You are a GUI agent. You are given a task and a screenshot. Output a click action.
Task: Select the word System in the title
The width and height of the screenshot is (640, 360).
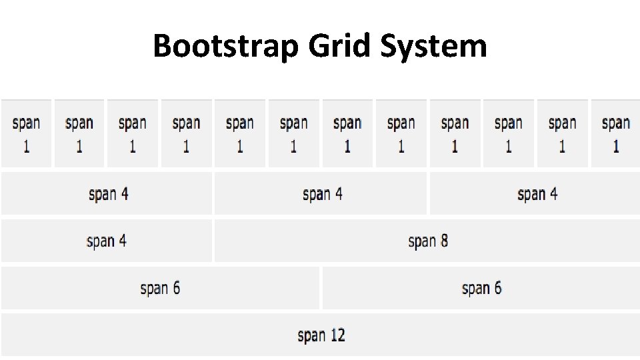coord(434,47)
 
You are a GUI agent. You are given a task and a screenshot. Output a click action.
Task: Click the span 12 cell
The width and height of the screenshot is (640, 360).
coord(321,335)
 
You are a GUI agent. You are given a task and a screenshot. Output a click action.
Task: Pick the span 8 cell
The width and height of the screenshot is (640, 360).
coord(427,241)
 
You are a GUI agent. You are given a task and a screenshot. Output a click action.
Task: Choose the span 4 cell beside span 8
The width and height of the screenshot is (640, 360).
coord(107,241)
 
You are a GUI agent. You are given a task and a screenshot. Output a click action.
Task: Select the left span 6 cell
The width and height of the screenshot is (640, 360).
coord(160,288)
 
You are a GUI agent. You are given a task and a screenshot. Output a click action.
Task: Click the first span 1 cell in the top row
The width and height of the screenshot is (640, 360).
coord(26,134)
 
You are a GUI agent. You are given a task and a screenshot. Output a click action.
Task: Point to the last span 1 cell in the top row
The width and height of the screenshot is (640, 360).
coord(615,134)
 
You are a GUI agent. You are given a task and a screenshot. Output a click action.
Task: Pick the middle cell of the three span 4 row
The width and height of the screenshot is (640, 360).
coord(321,194)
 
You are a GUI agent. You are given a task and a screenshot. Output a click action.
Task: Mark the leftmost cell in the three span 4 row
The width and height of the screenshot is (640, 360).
coord(107,194)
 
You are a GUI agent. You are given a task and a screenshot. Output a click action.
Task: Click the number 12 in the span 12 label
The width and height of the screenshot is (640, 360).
coord(337,335)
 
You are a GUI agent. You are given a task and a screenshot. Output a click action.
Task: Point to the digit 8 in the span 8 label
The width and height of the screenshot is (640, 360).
coord(443,241)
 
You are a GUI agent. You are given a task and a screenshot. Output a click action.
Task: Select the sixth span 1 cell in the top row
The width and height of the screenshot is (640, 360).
coord(294,134)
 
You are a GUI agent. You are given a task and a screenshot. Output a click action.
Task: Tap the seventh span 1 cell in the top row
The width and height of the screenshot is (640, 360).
coord(347,134)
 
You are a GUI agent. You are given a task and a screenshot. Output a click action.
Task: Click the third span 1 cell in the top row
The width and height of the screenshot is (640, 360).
coord(133,134)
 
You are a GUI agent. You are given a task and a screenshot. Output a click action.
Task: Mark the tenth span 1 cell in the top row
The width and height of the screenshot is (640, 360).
coord(509,134)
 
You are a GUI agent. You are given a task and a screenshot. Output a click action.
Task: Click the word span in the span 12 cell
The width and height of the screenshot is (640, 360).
coord(311,335)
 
